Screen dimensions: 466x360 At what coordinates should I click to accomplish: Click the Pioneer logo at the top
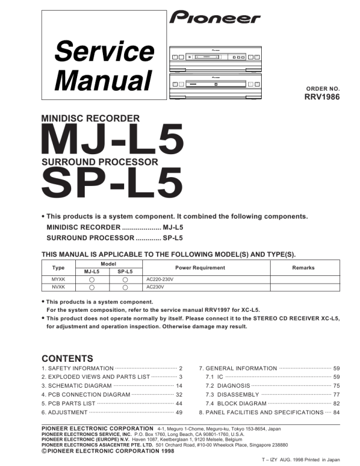pyautogui.click(x=215, y=18)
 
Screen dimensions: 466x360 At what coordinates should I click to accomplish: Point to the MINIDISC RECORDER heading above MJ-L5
pyautogui.click(x=90, y=118)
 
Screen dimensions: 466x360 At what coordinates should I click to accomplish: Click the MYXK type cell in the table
pyautogui.click(x=58, y=279)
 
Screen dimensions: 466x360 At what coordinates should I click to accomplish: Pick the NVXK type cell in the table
pyautogui.click(x=58, y=287)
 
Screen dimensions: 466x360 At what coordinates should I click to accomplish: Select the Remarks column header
pyautogui.click(x=303, y=268)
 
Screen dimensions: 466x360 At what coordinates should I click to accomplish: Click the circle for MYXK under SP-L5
pyautogui.click(x=125, y=279)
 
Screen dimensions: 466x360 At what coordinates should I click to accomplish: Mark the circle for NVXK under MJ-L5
pyautogui.click(x=92, y=288)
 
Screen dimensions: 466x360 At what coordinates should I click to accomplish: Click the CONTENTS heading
pyautogui.click(x=67, y=358)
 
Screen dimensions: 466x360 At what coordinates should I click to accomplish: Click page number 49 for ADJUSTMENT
pyautogui.click(x=179, y=412)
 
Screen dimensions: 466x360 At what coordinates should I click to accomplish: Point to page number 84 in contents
pyautogui.click(x=336, y=412)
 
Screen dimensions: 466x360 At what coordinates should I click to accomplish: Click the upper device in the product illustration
pyautogui.click(x=215, y=56)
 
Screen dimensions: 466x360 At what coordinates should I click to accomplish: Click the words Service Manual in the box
pyautogui.click(x=102, y=65)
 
